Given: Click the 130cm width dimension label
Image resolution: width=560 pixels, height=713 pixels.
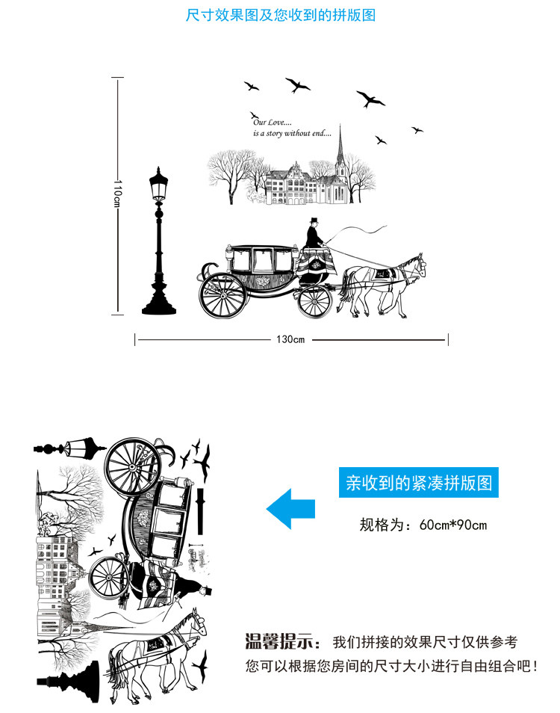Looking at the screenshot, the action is pos(290,340).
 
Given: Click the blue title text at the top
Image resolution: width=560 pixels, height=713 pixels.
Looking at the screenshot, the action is pos(280,16).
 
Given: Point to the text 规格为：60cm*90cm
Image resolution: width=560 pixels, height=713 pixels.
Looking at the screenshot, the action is pos(423,525).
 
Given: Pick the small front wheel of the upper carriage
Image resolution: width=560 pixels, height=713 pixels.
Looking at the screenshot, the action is pos(314,300).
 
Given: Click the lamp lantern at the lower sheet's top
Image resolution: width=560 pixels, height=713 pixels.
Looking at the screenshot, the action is pos(78,448).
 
